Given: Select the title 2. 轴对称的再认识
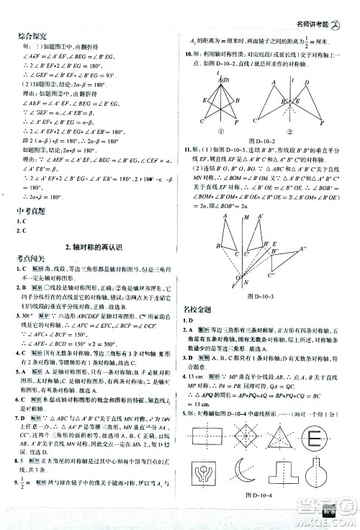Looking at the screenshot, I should [x=94, y=248].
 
